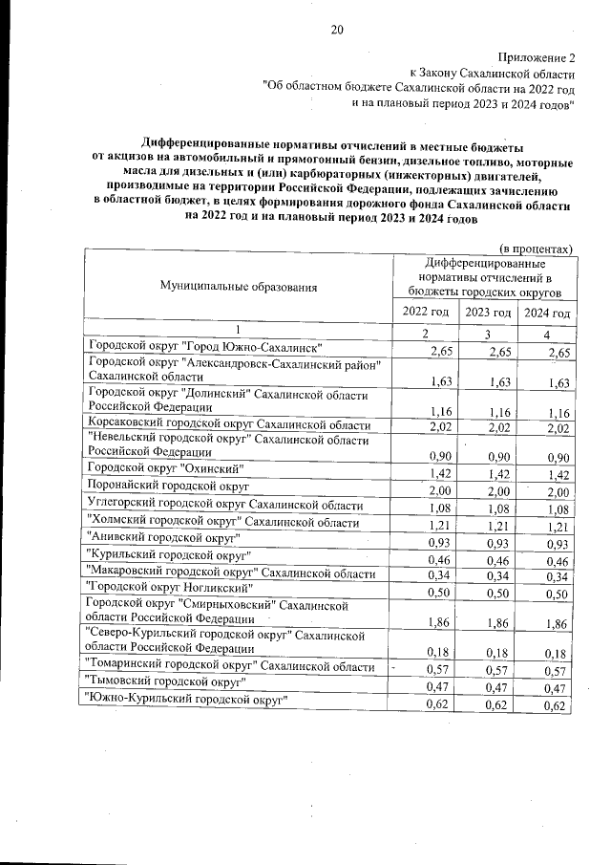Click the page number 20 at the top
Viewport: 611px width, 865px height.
pos(336,29)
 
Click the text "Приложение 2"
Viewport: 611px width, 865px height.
pos(537,58)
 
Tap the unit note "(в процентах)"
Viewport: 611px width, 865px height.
pos(536,246)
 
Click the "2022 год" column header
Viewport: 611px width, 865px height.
pos(426,313)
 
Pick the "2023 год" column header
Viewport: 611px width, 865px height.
pos(488,314)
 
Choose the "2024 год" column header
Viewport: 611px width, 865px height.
pos(547,314)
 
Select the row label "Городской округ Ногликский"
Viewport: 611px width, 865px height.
pos(168,588)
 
